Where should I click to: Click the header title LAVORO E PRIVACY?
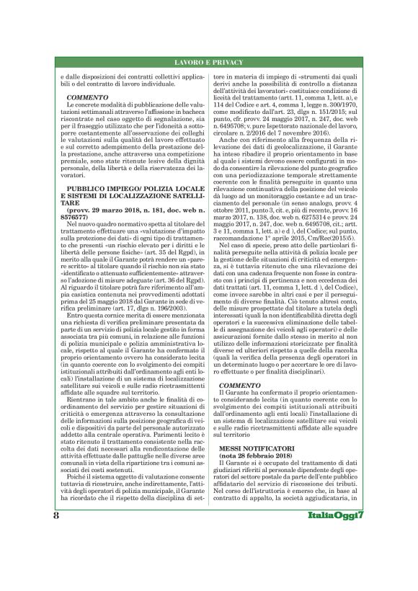pos(208,64)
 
